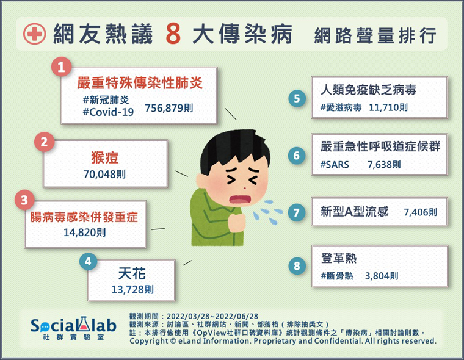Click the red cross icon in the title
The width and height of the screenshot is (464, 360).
(x=35, y=34)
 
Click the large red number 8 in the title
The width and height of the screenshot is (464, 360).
(x=173, y=34)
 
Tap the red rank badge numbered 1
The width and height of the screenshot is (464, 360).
(x=61, y=67)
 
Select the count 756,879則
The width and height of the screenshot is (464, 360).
(x=169, y=108)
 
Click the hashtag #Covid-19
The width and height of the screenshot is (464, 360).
(x=108, y=112)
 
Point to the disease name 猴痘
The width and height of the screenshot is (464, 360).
(x=105, y=157)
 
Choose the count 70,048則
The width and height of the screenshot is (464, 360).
(x=104, y=175)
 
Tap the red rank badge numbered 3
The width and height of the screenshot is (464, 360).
(x=24, y=200)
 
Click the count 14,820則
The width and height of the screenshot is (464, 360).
(x=85, y=232)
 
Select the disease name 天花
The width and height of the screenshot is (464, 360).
(x=132, y=273)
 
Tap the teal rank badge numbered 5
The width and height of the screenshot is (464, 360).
(x=297, y=98)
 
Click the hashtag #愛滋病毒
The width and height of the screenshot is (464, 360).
(x=341, y=107)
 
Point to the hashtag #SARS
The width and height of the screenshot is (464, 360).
(x=335, y=165)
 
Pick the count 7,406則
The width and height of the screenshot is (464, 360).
(x=421, y=212)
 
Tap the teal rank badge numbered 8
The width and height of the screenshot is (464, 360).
(x=297, y=265)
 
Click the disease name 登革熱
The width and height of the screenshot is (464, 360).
(x=339, y=258)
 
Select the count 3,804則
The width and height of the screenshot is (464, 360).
(x=382, y=276)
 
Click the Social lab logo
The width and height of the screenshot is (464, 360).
(x=73, y=328)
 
